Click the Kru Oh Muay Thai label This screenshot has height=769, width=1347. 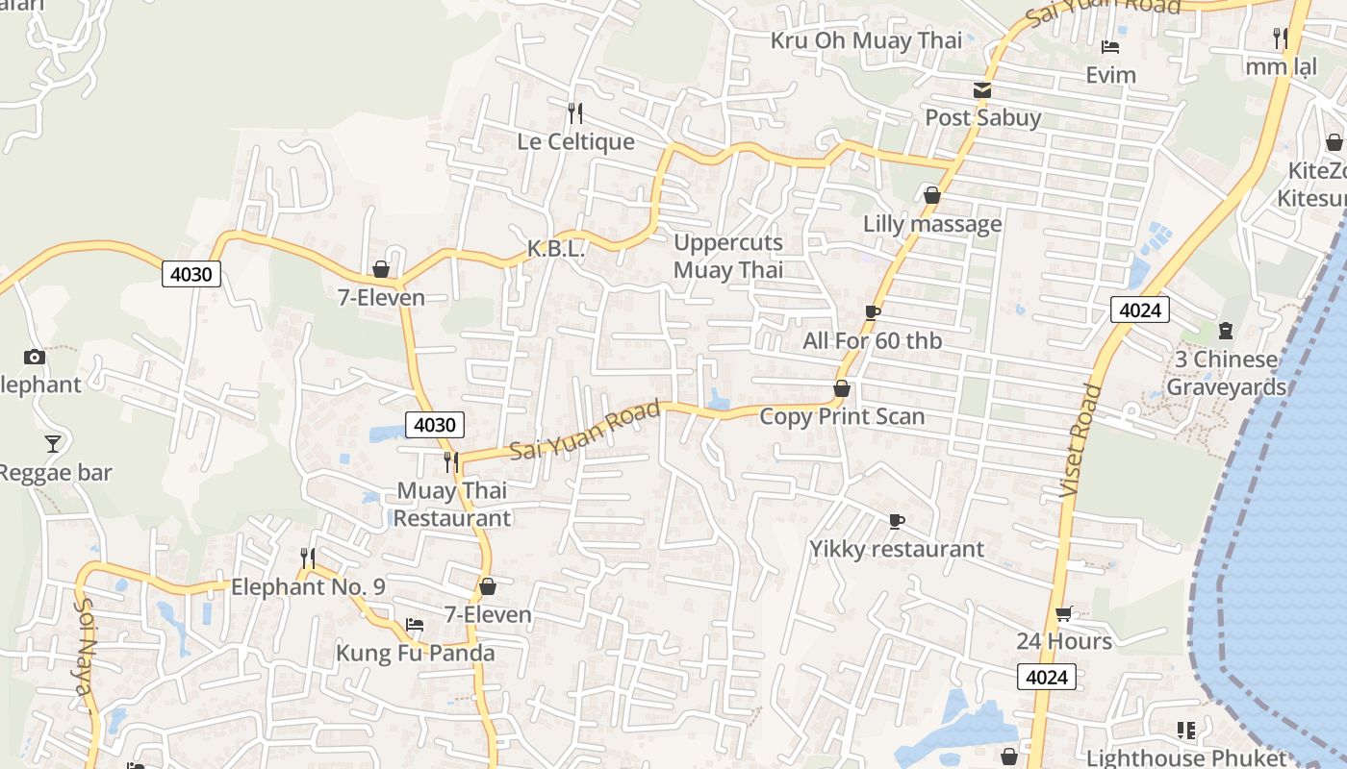point(866,40)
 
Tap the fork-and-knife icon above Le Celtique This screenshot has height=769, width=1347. point(575,113)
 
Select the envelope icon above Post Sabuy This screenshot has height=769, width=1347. point(981,90)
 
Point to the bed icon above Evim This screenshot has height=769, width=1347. point(1110,47)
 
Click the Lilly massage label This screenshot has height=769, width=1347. point(932,224)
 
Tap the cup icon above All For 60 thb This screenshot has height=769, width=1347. point(873,312)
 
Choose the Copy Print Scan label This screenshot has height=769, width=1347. point(842,416)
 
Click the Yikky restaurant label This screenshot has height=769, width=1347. point(897,549)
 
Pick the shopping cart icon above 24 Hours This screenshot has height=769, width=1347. point(1063,613)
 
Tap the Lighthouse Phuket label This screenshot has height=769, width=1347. point(1186,757)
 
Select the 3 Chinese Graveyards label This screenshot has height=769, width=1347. point(1226,373)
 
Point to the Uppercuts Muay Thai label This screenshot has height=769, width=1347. point(728,256)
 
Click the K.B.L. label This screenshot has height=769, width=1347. point(556,249)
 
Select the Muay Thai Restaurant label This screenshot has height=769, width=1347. point(452,504)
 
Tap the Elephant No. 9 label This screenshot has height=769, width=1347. point(308,586)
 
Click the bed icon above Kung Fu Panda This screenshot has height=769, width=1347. point(415,625)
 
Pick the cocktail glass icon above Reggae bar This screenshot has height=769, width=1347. point(53,443)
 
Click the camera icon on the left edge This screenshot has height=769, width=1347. point(35,357)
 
